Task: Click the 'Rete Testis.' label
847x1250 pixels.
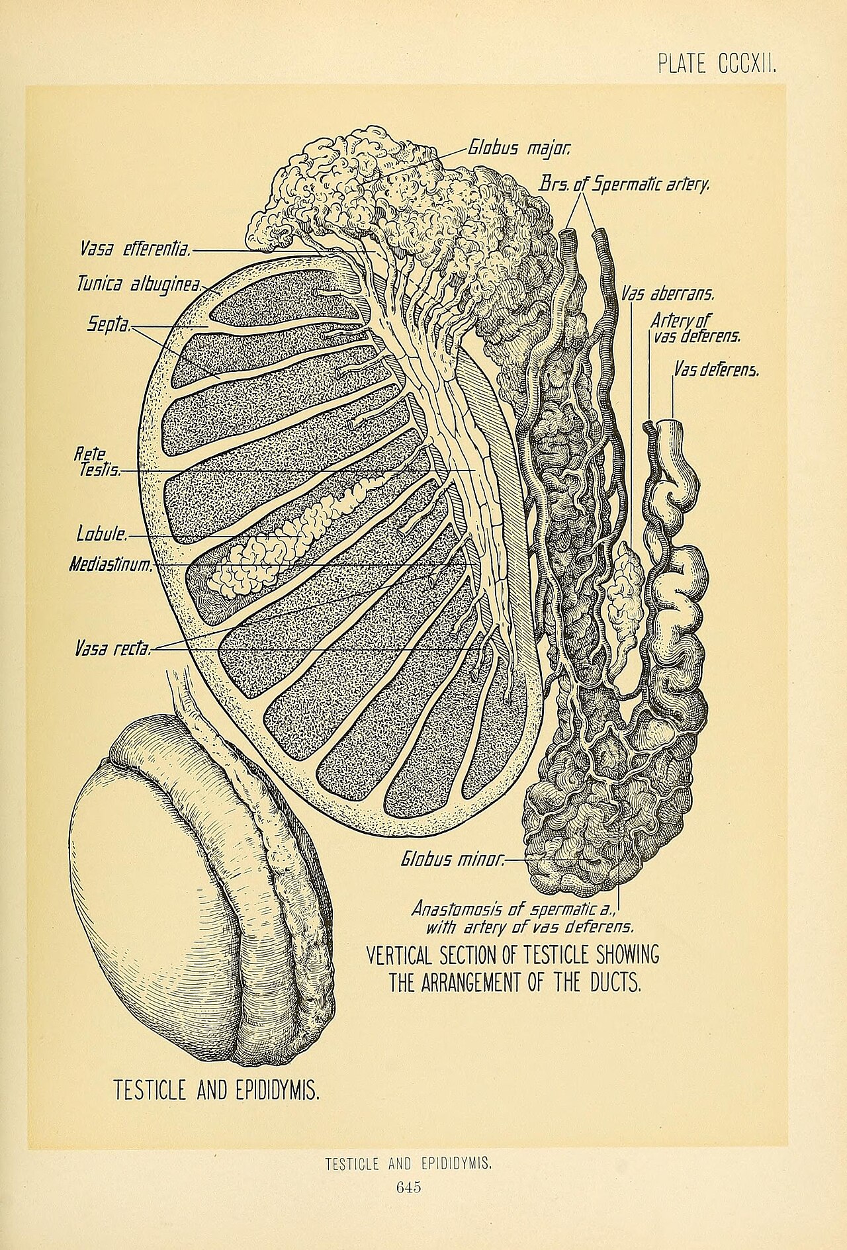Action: [x=98, y=463]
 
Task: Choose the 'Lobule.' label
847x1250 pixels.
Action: [x=103, y=533]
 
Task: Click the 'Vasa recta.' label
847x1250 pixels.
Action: [x=113, y=649]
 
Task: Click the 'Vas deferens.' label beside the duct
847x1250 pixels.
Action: [x=716, y=370]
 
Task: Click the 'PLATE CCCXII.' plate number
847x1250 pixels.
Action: [x=716, y=64]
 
